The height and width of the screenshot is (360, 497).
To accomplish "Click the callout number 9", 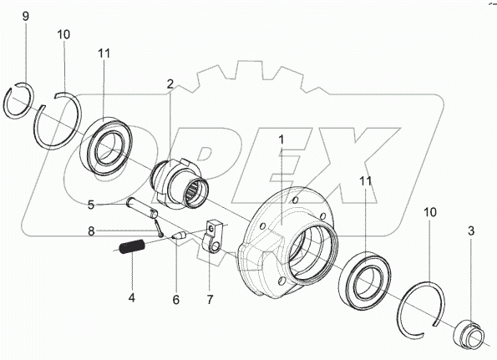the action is (26, 16).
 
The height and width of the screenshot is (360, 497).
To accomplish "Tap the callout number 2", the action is (170, 84).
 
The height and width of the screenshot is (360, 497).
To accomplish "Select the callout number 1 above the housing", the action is (281, 139).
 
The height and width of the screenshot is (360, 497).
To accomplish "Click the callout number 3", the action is (471, 231).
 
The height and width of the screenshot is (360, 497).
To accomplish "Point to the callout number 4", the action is (131, 297).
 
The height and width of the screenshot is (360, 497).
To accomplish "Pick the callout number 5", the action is (91, 205).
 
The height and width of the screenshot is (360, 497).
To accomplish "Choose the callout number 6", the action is (176, 300).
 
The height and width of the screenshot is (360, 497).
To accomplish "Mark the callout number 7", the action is (210, 300).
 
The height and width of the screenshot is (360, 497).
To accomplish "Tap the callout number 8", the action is (91, 231).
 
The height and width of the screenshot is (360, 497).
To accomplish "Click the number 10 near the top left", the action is (63, 34).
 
